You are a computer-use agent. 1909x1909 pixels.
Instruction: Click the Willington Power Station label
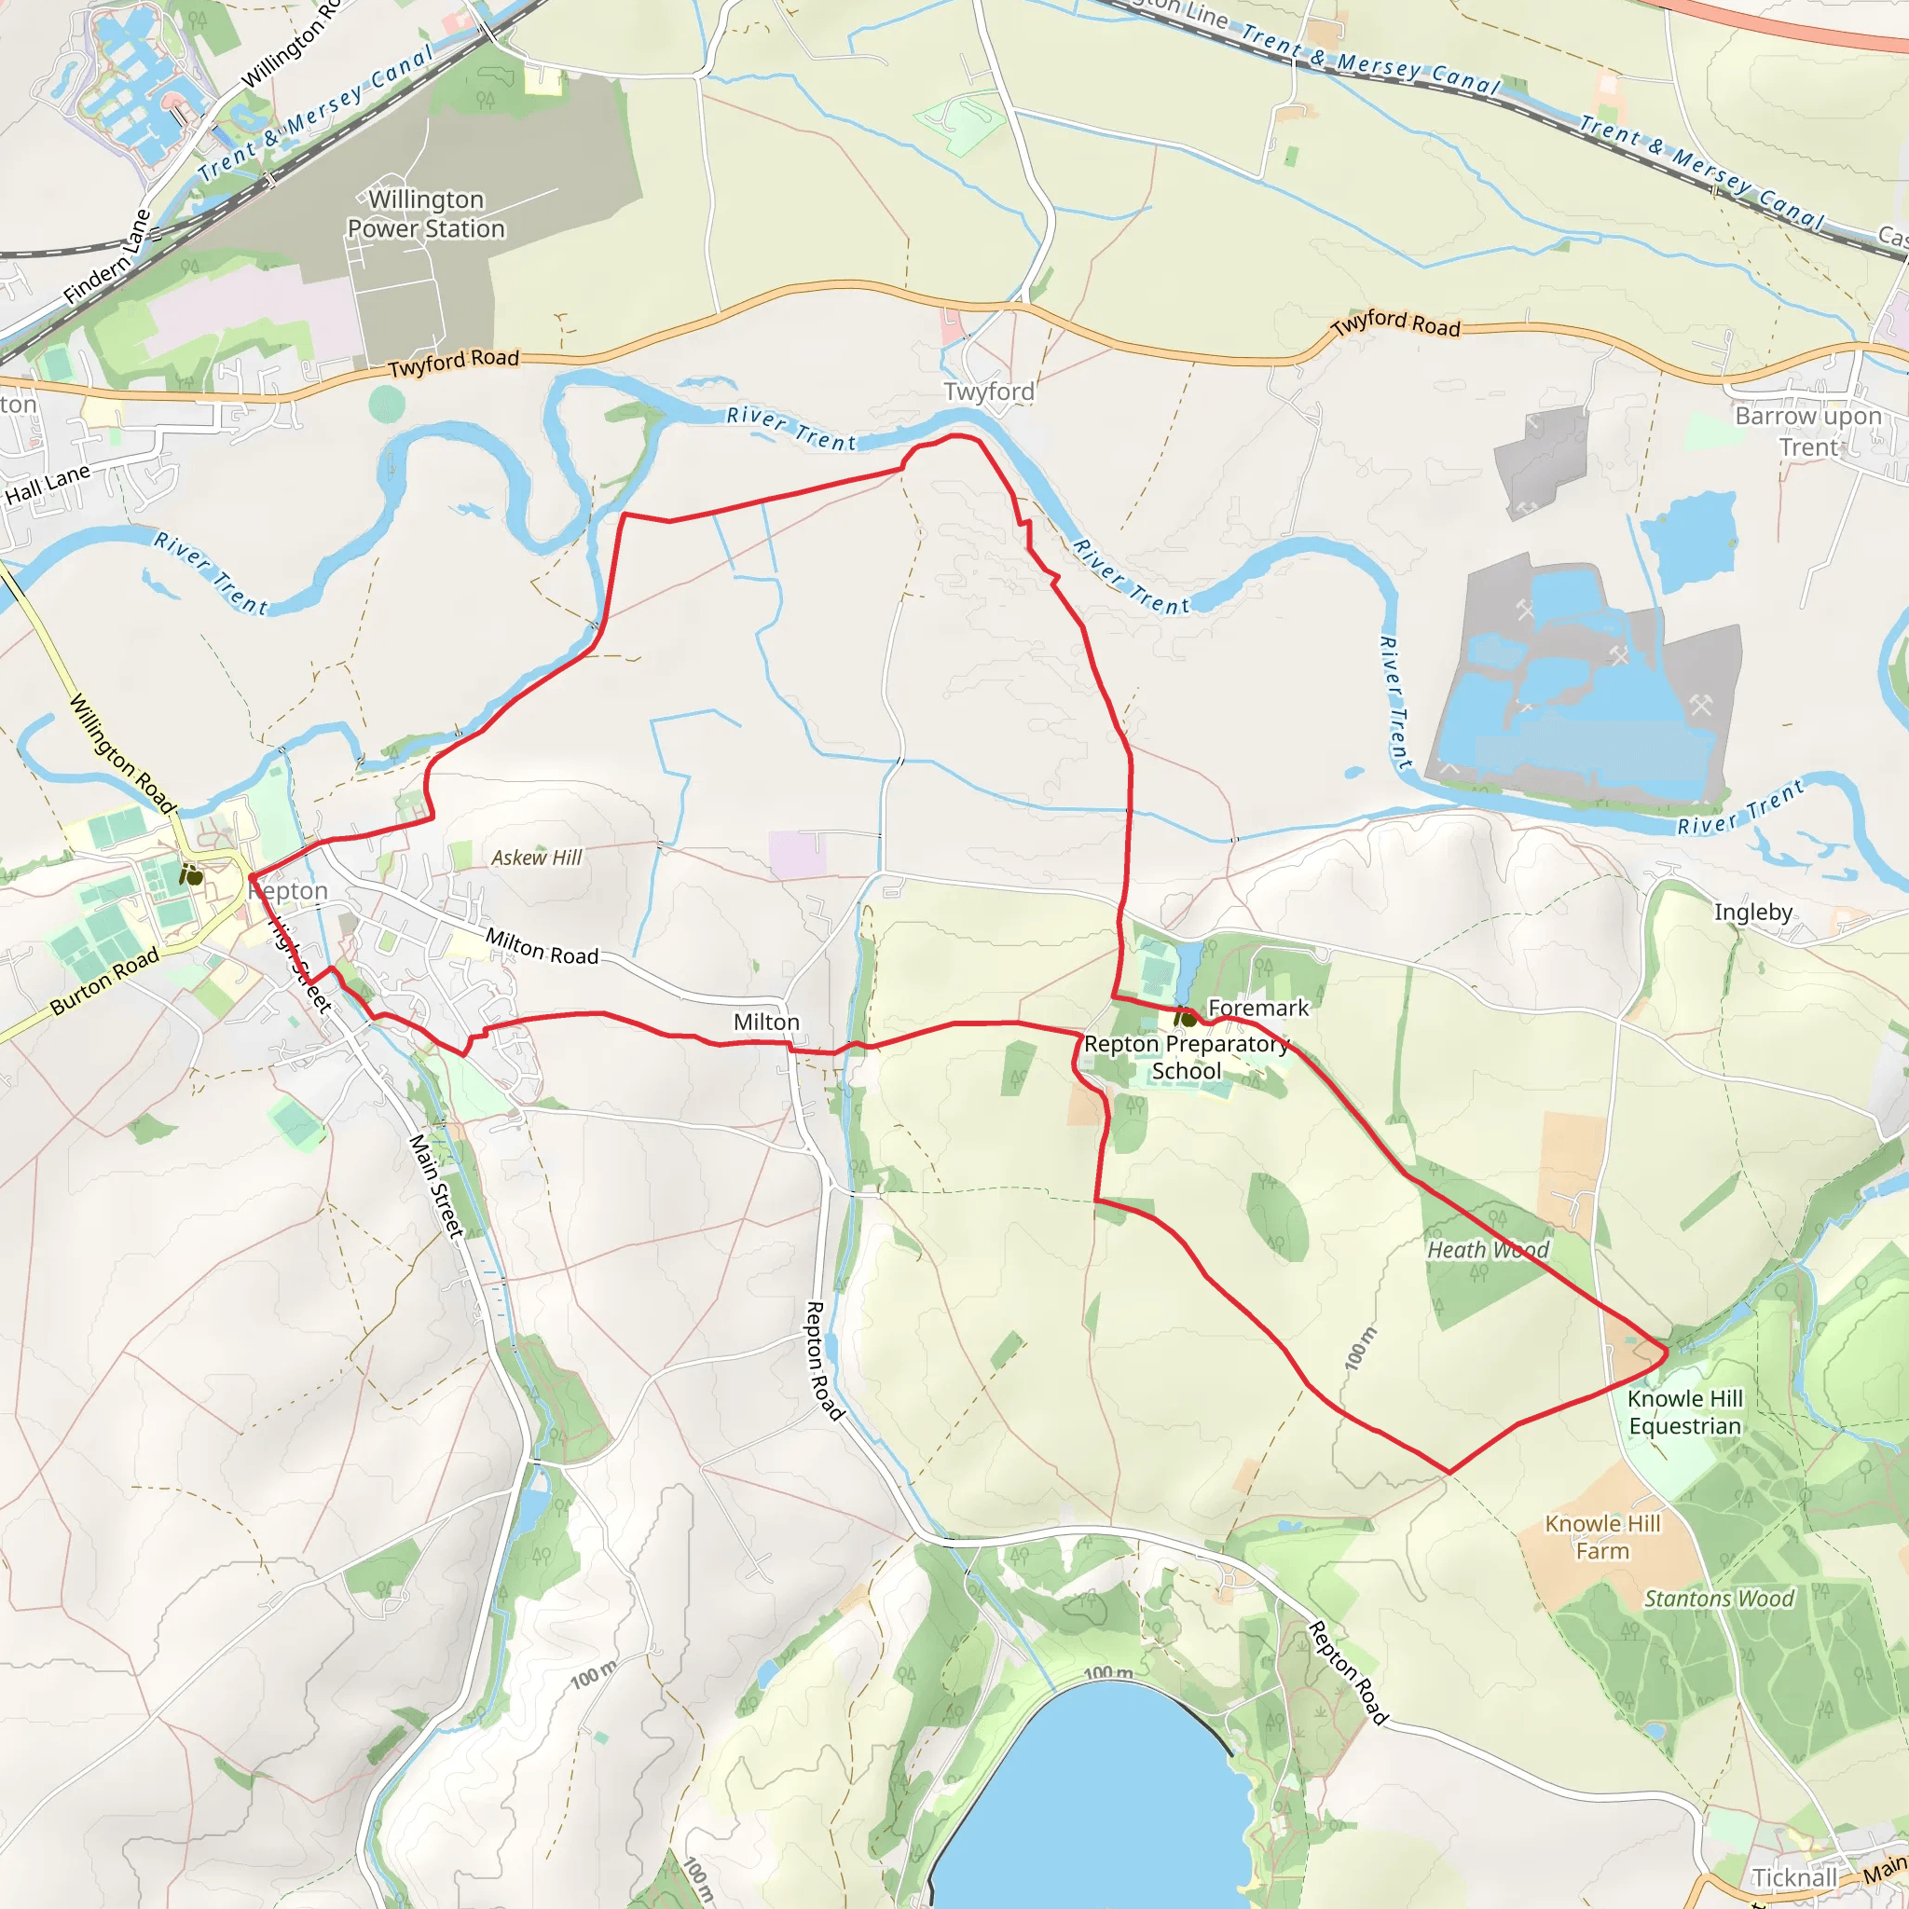click(x=426, y=214)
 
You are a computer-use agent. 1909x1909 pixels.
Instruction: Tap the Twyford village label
click(x=989, y=392)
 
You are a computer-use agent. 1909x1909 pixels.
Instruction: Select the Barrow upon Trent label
click(x=1808, y=431)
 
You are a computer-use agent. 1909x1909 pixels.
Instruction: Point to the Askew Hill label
click(x=537, y=858)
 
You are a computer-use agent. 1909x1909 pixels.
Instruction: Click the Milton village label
click(x=766, y=1022)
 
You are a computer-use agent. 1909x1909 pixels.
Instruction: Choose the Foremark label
click(x=1257, y=1008)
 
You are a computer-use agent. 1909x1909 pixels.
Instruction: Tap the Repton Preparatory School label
click(x=1186, y=1057)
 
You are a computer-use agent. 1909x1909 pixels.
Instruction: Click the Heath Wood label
click(x=1487, y=1250)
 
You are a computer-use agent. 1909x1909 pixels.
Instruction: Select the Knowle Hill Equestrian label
click(x=1684, y=1412)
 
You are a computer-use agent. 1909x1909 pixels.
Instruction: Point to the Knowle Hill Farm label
click(x=1602, y=1537)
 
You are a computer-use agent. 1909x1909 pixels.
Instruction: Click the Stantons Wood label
click(x=1718, y=1599)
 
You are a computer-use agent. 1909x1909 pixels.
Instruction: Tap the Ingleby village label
click(x=1753, y=912)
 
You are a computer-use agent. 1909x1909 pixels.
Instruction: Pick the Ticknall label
click(x=1794, y=1877)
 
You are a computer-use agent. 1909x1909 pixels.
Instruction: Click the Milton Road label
click(x=542, y=948)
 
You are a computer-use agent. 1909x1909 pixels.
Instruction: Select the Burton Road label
click(x=104, y=982)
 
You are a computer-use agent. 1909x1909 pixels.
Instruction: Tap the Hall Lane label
click(x=48, y=484)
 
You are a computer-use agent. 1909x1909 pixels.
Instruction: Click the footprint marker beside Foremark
click(x=1185, y=1016)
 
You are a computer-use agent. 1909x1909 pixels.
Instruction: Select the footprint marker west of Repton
click(x=192, y=874)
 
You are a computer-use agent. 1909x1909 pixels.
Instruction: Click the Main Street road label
click(x=435, y=1187)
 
